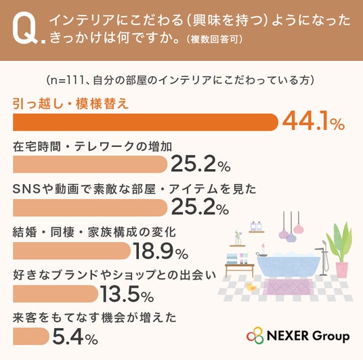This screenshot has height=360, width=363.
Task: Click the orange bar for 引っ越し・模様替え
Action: click(x=146, y=122)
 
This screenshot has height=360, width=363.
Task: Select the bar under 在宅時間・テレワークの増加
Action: click(x=90, y=164)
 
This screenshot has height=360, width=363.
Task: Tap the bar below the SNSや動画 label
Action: click(x=90, y=208)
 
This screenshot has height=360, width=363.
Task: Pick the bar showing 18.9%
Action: click(x=72, y=251)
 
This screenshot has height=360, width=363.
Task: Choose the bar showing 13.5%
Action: click(x=56, y=294)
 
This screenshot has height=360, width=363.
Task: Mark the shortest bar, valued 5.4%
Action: click(x=31, y=336)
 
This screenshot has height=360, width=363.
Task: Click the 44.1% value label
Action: click(x=314, y=122)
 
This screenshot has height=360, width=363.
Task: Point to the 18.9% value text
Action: click(x=161, y=251)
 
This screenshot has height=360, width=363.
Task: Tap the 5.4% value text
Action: click(x=75, y=336)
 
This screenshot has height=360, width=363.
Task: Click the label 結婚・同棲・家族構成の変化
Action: click(x=94, y=232)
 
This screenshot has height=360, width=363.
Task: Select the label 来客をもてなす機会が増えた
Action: click(x=94, y=317)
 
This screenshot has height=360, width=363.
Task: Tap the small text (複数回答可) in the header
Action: click(x=215, y=39)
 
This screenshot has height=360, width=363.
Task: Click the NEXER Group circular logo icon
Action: click(x=255, y=336)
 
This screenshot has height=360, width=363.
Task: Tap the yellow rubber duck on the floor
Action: click(x=252, y=287)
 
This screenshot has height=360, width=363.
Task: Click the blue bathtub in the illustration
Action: click(x=289, y=265)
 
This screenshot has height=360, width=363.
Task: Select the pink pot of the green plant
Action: click(x=342, y=270)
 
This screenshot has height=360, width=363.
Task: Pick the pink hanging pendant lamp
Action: click(x=299, y=229)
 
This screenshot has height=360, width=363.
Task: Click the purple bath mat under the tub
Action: click(x=288, y=287)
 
